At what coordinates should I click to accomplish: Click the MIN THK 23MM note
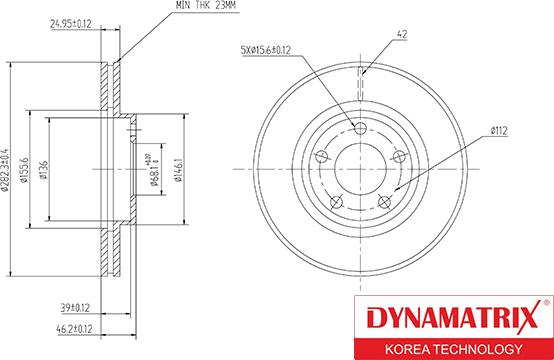coord(205,5)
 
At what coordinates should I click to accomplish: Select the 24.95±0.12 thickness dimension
coord(71,24)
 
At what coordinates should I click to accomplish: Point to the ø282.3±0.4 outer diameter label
coord(5,170)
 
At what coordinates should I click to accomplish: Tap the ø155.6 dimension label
coord(24,170)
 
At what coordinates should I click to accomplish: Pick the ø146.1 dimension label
coord(179,170)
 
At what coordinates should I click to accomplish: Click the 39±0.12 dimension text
coord(75,308)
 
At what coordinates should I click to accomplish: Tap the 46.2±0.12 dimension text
coord(74,329)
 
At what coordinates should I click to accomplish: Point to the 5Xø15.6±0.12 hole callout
coord(266,50)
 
